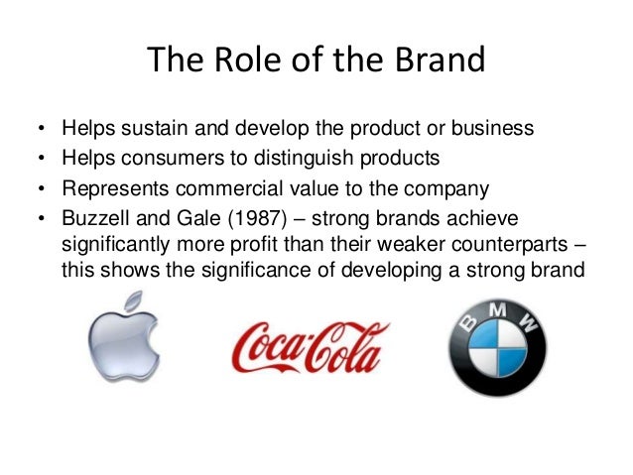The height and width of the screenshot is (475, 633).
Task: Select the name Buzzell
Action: click(94, 216)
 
